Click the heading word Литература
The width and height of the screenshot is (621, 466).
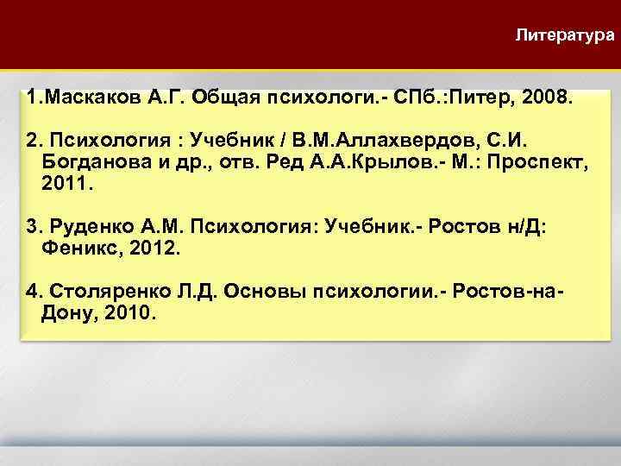565,35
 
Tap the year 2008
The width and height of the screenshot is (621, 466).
545,98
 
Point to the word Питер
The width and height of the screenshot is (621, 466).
487,98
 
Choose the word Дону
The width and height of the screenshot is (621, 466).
65,312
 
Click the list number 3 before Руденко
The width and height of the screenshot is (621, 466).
33,227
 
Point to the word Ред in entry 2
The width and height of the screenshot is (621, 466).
278,163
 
